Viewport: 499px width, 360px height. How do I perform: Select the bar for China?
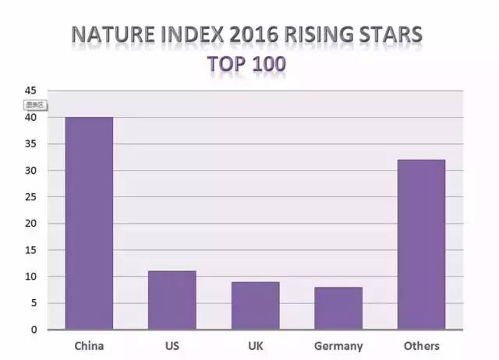click(88, 223)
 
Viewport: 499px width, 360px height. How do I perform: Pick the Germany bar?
click(338, 308)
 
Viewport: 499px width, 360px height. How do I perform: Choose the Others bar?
click(421, 244)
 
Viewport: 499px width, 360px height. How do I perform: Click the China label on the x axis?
click(88, 345)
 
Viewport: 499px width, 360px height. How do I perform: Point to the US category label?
click(172, 345)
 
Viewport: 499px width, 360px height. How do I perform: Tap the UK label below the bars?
click(255, 345)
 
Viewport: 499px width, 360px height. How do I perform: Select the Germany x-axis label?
click(338, 345)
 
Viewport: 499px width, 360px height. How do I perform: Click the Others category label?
click(422, 345)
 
